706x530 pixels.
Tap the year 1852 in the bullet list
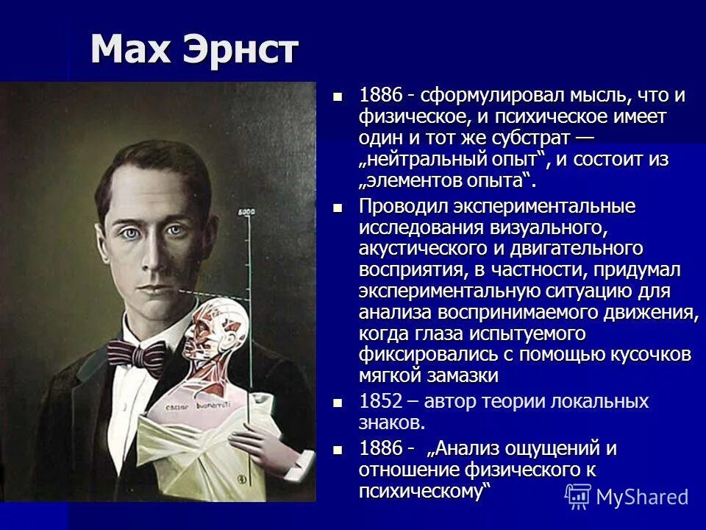pos(380,402)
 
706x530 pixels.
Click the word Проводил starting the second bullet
pos(404,208)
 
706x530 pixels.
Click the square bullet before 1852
pos(338,403)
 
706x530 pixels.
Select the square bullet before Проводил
pos(338,208)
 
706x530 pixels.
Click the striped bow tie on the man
pos(140,356)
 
